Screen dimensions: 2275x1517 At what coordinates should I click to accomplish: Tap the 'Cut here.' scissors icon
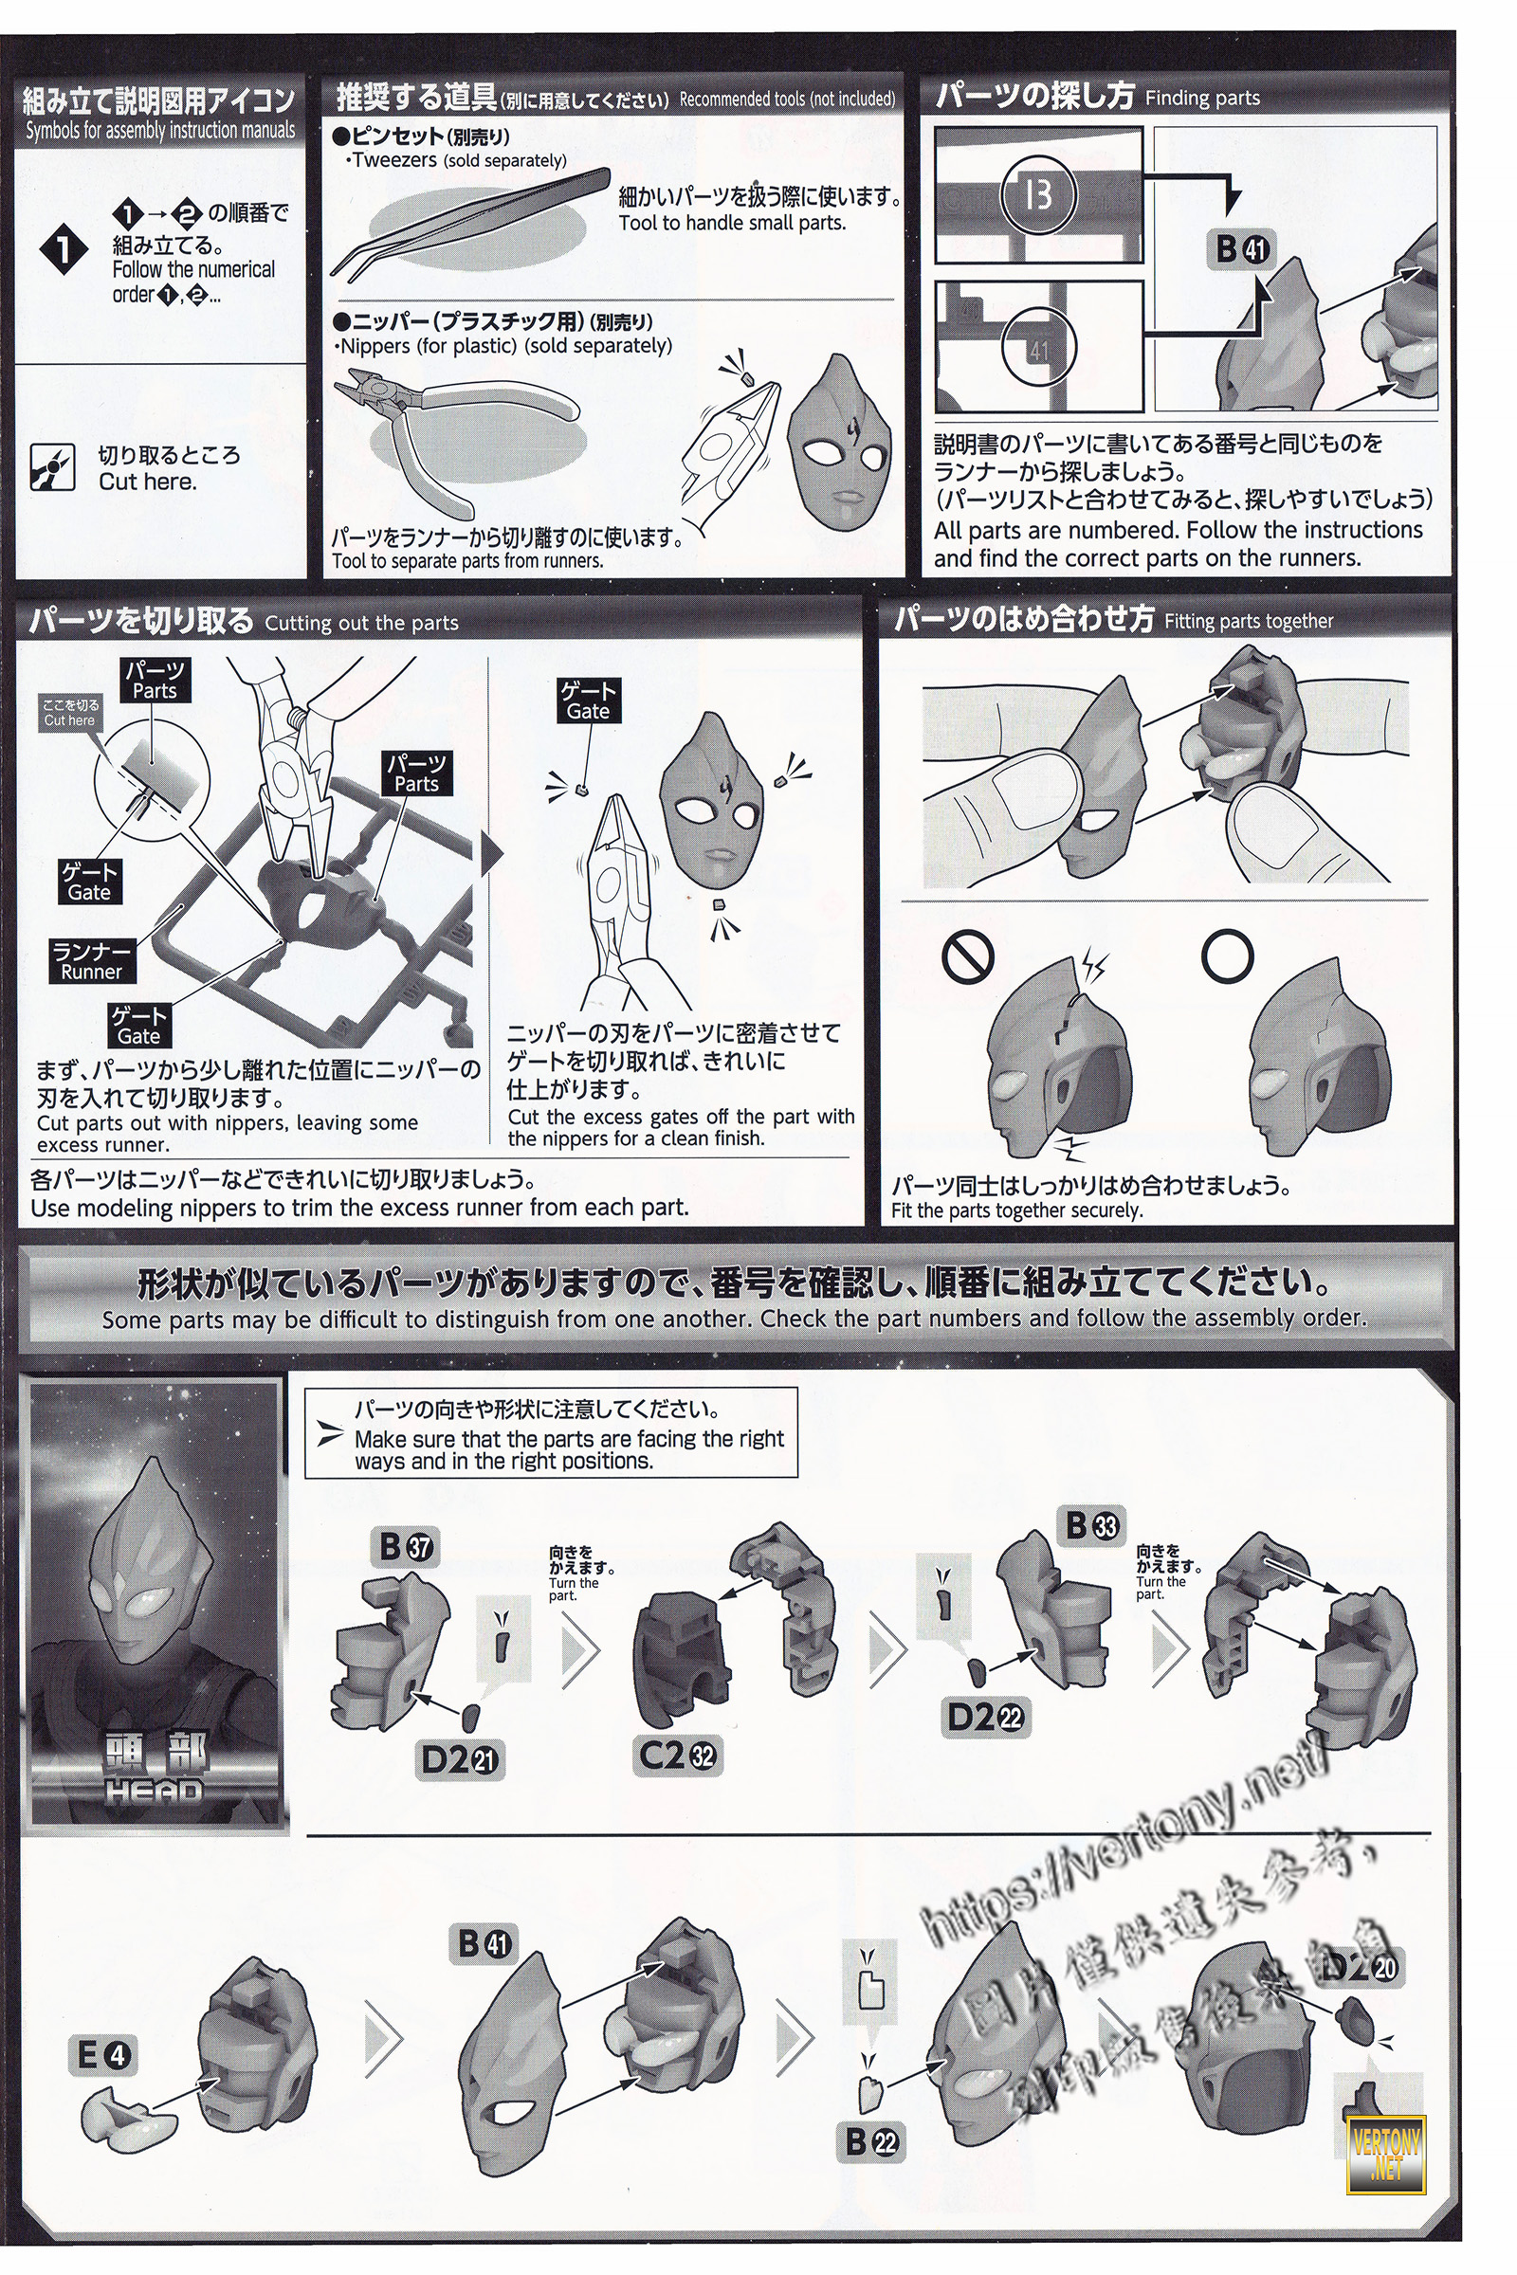point(52,467)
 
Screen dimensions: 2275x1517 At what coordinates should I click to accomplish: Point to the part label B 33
point(1091,1526)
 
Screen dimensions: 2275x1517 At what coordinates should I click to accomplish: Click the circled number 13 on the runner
point(1037,196)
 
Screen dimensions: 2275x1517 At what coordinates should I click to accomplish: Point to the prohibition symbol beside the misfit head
point(968,957)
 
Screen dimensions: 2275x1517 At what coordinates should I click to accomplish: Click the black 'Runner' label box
point(92,962)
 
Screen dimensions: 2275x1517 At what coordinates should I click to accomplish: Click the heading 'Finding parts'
point(1201,98)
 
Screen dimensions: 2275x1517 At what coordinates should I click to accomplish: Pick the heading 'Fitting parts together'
point(1248,621)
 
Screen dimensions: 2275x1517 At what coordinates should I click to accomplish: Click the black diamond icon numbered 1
point(63,251)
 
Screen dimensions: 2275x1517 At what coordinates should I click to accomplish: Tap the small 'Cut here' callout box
point(69,712)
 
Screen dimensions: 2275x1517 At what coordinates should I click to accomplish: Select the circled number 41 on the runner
point(1039,349)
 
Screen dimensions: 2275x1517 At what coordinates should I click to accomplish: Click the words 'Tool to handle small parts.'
point(732,224)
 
